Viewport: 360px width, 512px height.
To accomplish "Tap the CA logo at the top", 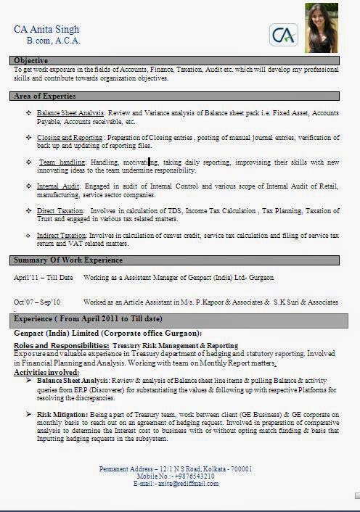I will point(284,33).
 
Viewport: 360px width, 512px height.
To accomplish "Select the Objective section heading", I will point(31,60).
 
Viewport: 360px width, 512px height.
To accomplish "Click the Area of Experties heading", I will point(45,96).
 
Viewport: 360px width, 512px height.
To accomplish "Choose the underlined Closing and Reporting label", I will point(70,137).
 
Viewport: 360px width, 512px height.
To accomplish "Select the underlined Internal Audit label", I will point(57,186).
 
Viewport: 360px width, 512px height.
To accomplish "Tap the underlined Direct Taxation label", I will point(59,210).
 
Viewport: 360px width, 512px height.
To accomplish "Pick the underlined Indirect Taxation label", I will point(61,236).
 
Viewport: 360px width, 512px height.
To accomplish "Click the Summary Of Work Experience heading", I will point(69,260).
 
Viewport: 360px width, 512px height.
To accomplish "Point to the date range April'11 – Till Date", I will point(43,278).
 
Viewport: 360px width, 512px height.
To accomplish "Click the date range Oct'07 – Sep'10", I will point(37,302).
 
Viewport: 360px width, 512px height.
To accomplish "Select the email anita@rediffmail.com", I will point(189,483).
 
